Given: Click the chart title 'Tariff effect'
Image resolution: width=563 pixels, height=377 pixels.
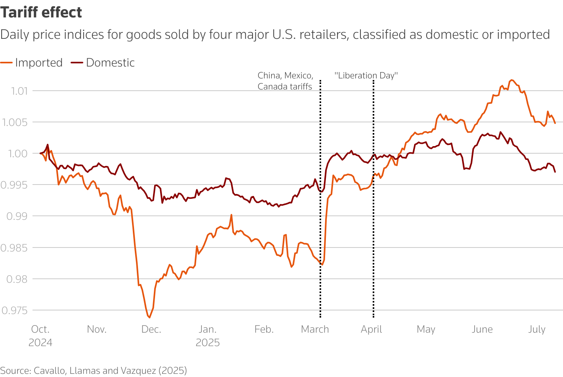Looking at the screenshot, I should tap(41, 13).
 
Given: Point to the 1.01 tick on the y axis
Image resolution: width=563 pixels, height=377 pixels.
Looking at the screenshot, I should tap(19, 91).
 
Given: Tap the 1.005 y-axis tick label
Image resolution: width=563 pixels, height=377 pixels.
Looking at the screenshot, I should tap(15, 122).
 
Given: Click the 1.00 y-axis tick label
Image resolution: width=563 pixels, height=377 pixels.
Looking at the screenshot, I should tap(18, 154).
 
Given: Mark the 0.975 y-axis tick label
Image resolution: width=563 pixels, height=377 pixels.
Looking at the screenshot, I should tap(15, 310).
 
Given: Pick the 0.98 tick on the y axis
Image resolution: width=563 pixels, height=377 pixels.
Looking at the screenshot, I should tap(17, 279).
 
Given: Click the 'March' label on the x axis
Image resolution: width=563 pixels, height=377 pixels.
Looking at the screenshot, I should tap(315, 329).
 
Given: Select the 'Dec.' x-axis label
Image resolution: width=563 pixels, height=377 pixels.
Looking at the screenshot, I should tap(151, 329).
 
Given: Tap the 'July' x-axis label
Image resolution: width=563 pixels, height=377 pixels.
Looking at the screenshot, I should tap(537, 329).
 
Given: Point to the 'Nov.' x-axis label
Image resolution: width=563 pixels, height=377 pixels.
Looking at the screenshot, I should tap(96, 329).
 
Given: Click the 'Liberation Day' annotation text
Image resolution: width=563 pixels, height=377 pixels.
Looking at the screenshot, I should tap(366, 76).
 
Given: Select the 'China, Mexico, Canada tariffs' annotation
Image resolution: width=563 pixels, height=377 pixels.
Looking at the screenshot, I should tap(285, 81).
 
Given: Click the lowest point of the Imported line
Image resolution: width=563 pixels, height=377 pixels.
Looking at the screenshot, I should tap(149, 317).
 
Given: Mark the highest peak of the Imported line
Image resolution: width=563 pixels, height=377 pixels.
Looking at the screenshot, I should tap(511, 80).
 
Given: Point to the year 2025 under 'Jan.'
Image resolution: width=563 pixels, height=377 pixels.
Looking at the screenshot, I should tap(207, 343).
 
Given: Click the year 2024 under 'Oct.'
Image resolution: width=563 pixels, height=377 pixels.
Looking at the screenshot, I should tap(40, 343).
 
